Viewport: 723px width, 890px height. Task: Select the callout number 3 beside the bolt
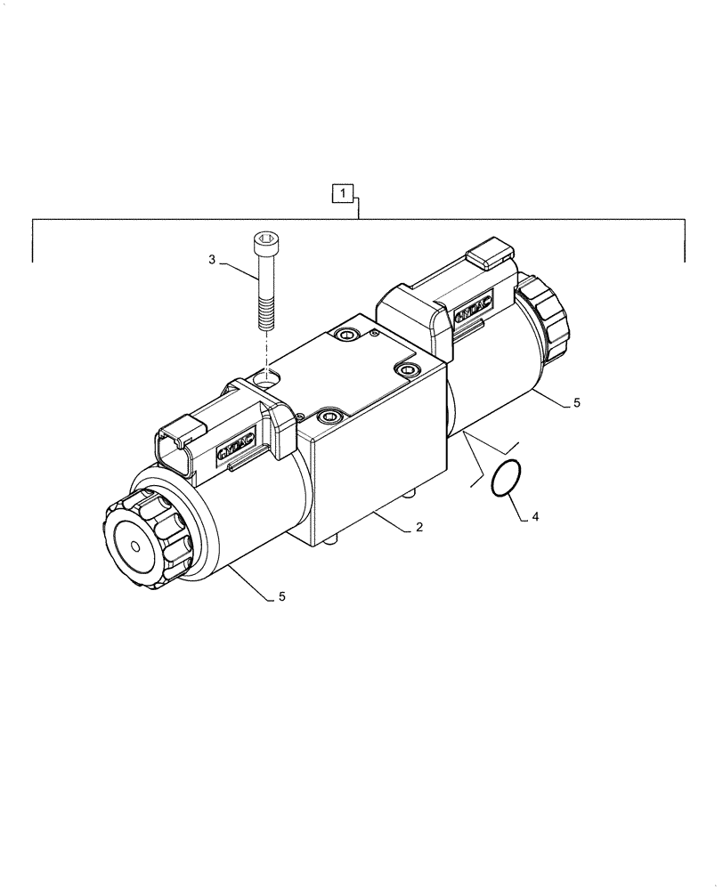(x=212, y=260)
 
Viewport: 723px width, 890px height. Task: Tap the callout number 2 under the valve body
(x=418, y=528)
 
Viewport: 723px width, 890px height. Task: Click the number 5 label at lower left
(x=282, y=597)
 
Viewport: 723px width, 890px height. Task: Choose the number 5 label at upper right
(x=576, y=403)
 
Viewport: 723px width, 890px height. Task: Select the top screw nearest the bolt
(x=345, y=335)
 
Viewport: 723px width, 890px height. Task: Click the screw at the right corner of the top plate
(x=407, y=369)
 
